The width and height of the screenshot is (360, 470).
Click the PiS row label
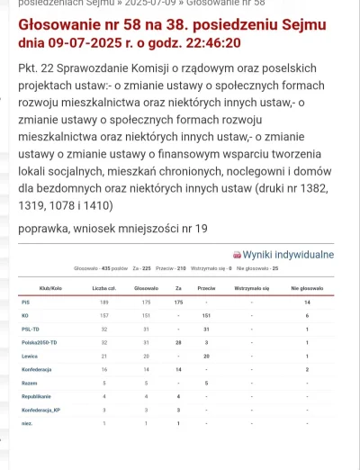pyautogui.click(x=24, y=303)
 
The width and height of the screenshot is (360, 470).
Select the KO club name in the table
pyautogui.click(x=24, y=316)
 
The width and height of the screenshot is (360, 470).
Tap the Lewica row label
pyautogui.click(x=28, y=356)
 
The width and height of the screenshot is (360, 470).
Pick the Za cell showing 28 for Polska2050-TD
pyautogui.click(x=178, y=343)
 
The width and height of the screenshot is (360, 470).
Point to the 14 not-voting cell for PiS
pyautogui.click(x=307, y=303)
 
